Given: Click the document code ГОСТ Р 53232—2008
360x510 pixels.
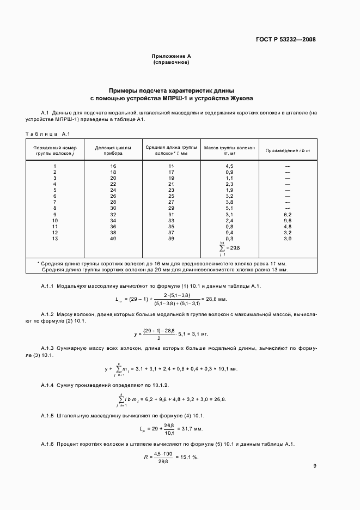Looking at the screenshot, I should point(286,39).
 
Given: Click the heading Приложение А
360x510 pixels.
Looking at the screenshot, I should point(171,56).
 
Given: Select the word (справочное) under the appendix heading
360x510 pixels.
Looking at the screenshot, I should point(171,63).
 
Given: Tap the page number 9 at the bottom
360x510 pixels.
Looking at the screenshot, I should point(315,466).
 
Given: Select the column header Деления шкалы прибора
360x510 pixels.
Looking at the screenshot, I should point(113,150).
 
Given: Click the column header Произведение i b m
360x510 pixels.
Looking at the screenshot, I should point(288,150).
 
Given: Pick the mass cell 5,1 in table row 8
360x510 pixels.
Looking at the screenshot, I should point(229,208).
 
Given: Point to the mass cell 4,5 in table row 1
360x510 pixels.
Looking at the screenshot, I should point(229,166).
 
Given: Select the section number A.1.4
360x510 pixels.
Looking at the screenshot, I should point(48,385).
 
